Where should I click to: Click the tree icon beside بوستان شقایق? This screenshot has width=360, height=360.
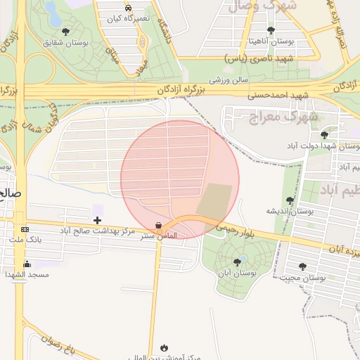point(65,32)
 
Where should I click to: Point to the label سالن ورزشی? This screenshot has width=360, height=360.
point(229,79)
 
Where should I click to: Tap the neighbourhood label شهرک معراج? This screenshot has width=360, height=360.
point(282,115)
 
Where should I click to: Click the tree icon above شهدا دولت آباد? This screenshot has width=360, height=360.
point(324,134)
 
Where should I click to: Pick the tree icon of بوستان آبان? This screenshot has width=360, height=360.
point(236,262)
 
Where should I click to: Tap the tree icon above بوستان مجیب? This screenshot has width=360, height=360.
point(302,266)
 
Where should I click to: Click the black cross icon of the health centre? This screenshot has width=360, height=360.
point(97,221)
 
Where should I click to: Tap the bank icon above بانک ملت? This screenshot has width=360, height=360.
point(25,229)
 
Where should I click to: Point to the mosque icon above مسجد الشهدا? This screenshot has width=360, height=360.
point(27,264)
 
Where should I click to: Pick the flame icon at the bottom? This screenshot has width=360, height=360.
point(165,347)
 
